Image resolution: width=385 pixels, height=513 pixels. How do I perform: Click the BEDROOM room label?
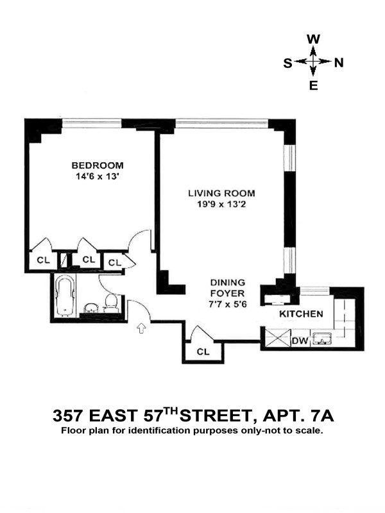[x=98, y=165]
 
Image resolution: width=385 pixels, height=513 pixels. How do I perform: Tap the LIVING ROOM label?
[x=221, y=194]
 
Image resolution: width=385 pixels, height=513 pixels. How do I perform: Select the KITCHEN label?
[x=301, y=314]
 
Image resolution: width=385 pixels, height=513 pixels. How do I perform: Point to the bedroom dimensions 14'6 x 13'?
[x=97, y=177]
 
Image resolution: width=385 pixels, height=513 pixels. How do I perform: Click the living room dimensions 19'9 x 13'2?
[x=221, y=205]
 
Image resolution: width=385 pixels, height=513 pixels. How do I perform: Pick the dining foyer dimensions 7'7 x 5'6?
[x=228, y=304]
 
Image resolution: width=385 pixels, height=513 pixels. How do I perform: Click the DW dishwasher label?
[x=300, y=341]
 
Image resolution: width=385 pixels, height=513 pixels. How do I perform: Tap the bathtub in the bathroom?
[x=64, y=296]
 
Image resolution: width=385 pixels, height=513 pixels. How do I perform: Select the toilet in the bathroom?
[x=110, y=303]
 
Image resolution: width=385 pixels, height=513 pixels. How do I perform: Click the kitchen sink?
[x=322, y=339]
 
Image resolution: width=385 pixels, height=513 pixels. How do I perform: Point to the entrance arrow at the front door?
[x=141, y=328]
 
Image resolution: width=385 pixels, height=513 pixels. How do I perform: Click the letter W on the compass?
[x=313, y=39]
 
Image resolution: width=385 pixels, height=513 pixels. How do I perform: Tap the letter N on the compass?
[x=339, y=62]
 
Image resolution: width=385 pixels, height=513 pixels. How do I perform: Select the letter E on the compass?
[x=314, y=86]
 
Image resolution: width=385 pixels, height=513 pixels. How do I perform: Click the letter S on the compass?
[x=287, y=63]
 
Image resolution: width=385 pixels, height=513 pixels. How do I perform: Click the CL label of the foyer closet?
[x=203, y=351]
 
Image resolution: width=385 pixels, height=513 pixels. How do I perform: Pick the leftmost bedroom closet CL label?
[x=43, y=260]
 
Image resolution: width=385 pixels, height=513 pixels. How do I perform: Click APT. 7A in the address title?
[x=298, y=416]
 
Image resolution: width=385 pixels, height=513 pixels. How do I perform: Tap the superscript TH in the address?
[x=171, y=410]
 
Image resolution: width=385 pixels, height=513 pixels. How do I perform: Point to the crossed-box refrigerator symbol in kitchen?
[x=277, y=338]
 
